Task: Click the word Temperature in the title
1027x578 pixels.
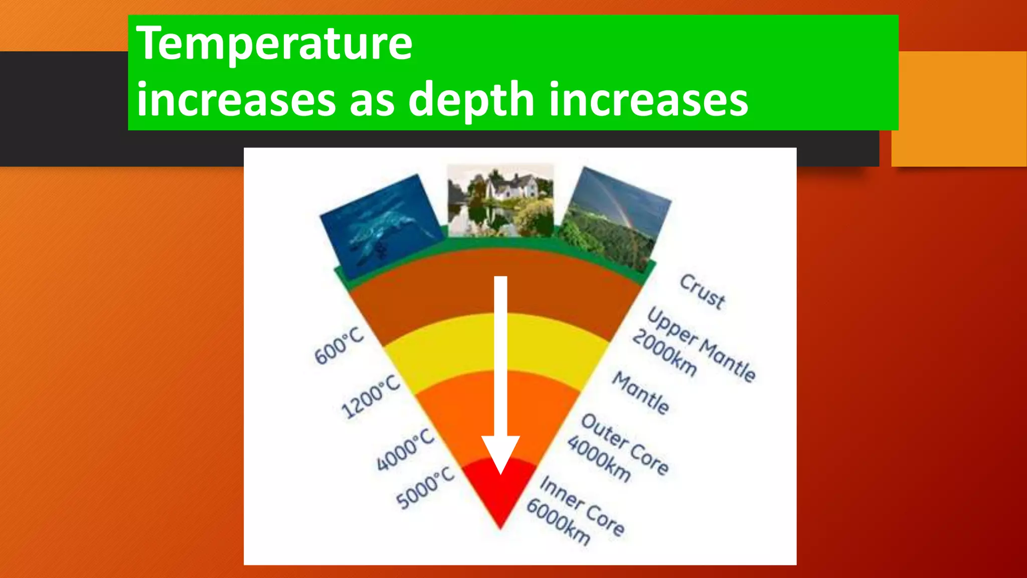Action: tap(274, 44)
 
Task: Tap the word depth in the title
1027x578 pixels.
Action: tap(471, 99)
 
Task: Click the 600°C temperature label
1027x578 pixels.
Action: tap(339, 346)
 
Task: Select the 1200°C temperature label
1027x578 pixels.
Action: tap(371, 396)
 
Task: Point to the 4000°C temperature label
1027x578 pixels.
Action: tap(405, 450)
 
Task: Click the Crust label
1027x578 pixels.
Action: tap(702, 292)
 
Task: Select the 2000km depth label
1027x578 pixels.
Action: tap(664, 354)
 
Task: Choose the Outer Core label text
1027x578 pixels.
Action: tap(625, 444)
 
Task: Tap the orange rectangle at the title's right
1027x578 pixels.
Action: tap(959, 108)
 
